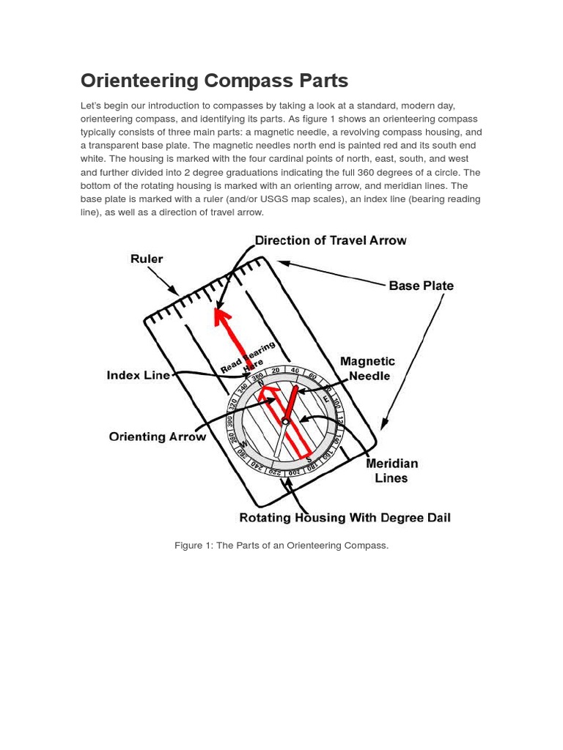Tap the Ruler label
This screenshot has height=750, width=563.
(x=147, y=259)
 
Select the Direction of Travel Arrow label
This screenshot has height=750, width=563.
(x=330, y=240)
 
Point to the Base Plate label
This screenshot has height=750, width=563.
(x=421, y=286)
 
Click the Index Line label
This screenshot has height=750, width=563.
(x=138, y=375)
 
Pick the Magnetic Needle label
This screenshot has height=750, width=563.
(x=368, y=368)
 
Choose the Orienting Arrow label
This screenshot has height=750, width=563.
(x=158, y=437)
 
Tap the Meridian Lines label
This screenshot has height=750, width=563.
(x=391, y=470)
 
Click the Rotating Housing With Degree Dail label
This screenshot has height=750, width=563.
(x=345, y=518)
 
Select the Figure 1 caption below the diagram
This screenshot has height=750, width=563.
(x=281, y=546)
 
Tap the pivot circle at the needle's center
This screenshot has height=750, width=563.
(x=285, y=421)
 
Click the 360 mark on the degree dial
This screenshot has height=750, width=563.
(x=258, y=377)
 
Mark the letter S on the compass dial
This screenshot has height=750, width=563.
(x=309, y=460)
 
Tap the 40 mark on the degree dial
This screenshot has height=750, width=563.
(x=294, y=371)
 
